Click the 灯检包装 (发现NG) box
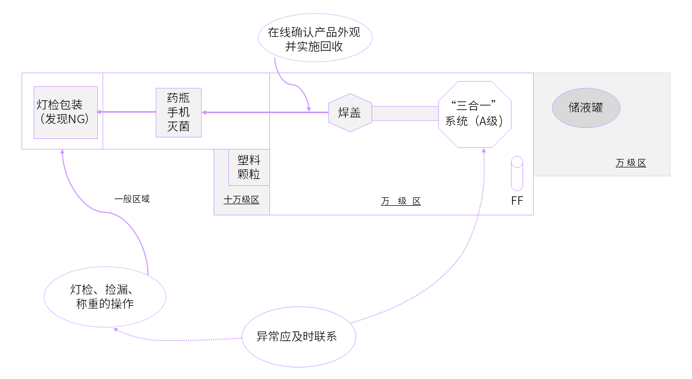tap(65, 112)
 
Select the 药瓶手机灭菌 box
tap(178, 112)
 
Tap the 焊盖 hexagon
tap(350, 112)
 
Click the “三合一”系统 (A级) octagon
tap(475, 114)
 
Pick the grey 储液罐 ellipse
tap(586, 108)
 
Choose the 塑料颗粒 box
tap(249, 167)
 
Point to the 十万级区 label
tap(242, 200)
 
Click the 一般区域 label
tap(132, 199)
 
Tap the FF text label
tap(517, 201)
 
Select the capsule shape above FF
tap(517, 173)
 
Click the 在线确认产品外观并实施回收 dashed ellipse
tap(314, 39)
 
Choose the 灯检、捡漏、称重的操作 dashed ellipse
tap(105, 297)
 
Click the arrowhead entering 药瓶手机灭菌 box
tap(205, 112)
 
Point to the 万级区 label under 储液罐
tap(630, 163)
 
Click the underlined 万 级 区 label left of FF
tap(401, 201)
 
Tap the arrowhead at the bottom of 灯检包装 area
tap(63, 152)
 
